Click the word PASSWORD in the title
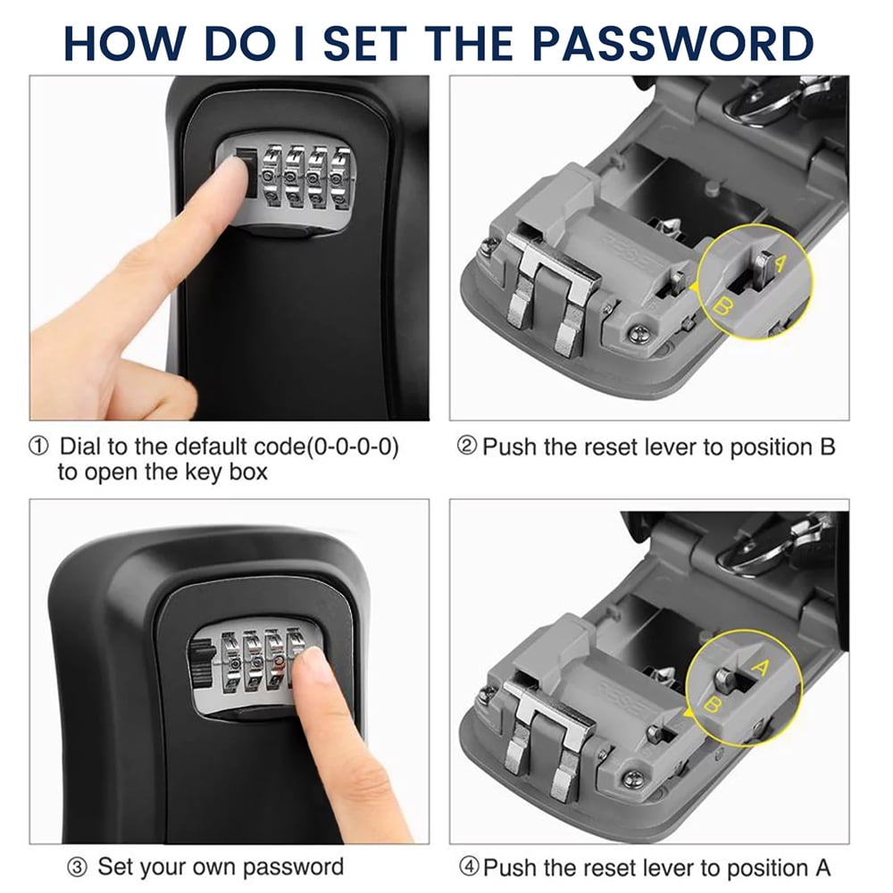pyautogui.click(x=672, y=43)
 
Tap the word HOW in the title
pyautogui.click(x=125, y=43)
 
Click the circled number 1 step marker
pyautogui.click(x=38, y=446)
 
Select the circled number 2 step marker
pyautogui.click(x=466, y=446)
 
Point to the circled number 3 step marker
pyautogui.click(x=78, y=868)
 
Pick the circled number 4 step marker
pyautogui.click(x=469, y=867)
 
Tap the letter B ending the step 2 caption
pyautogui.click(x=827, y=447)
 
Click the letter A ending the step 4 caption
pyautogui.click(x=822, y=868)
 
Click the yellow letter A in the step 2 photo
pyautogui.click(x=780, y=263)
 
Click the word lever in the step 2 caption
pyautogui.click(x=670, y=447)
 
